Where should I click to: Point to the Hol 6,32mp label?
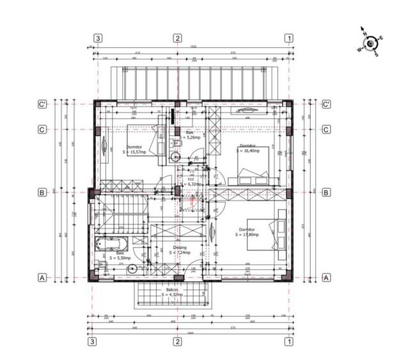click(191, 182)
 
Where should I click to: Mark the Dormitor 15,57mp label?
click(135, 149)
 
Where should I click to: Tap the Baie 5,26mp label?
click(190, 135)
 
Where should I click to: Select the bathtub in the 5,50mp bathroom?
click(111, 244)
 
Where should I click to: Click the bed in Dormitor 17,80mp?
click(276, 235)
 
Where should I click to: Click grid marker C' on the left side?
click(42, 104)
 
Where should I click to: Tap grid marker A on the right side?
click(326, 278)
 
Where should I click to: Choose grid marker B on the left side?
click(42, 192)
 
